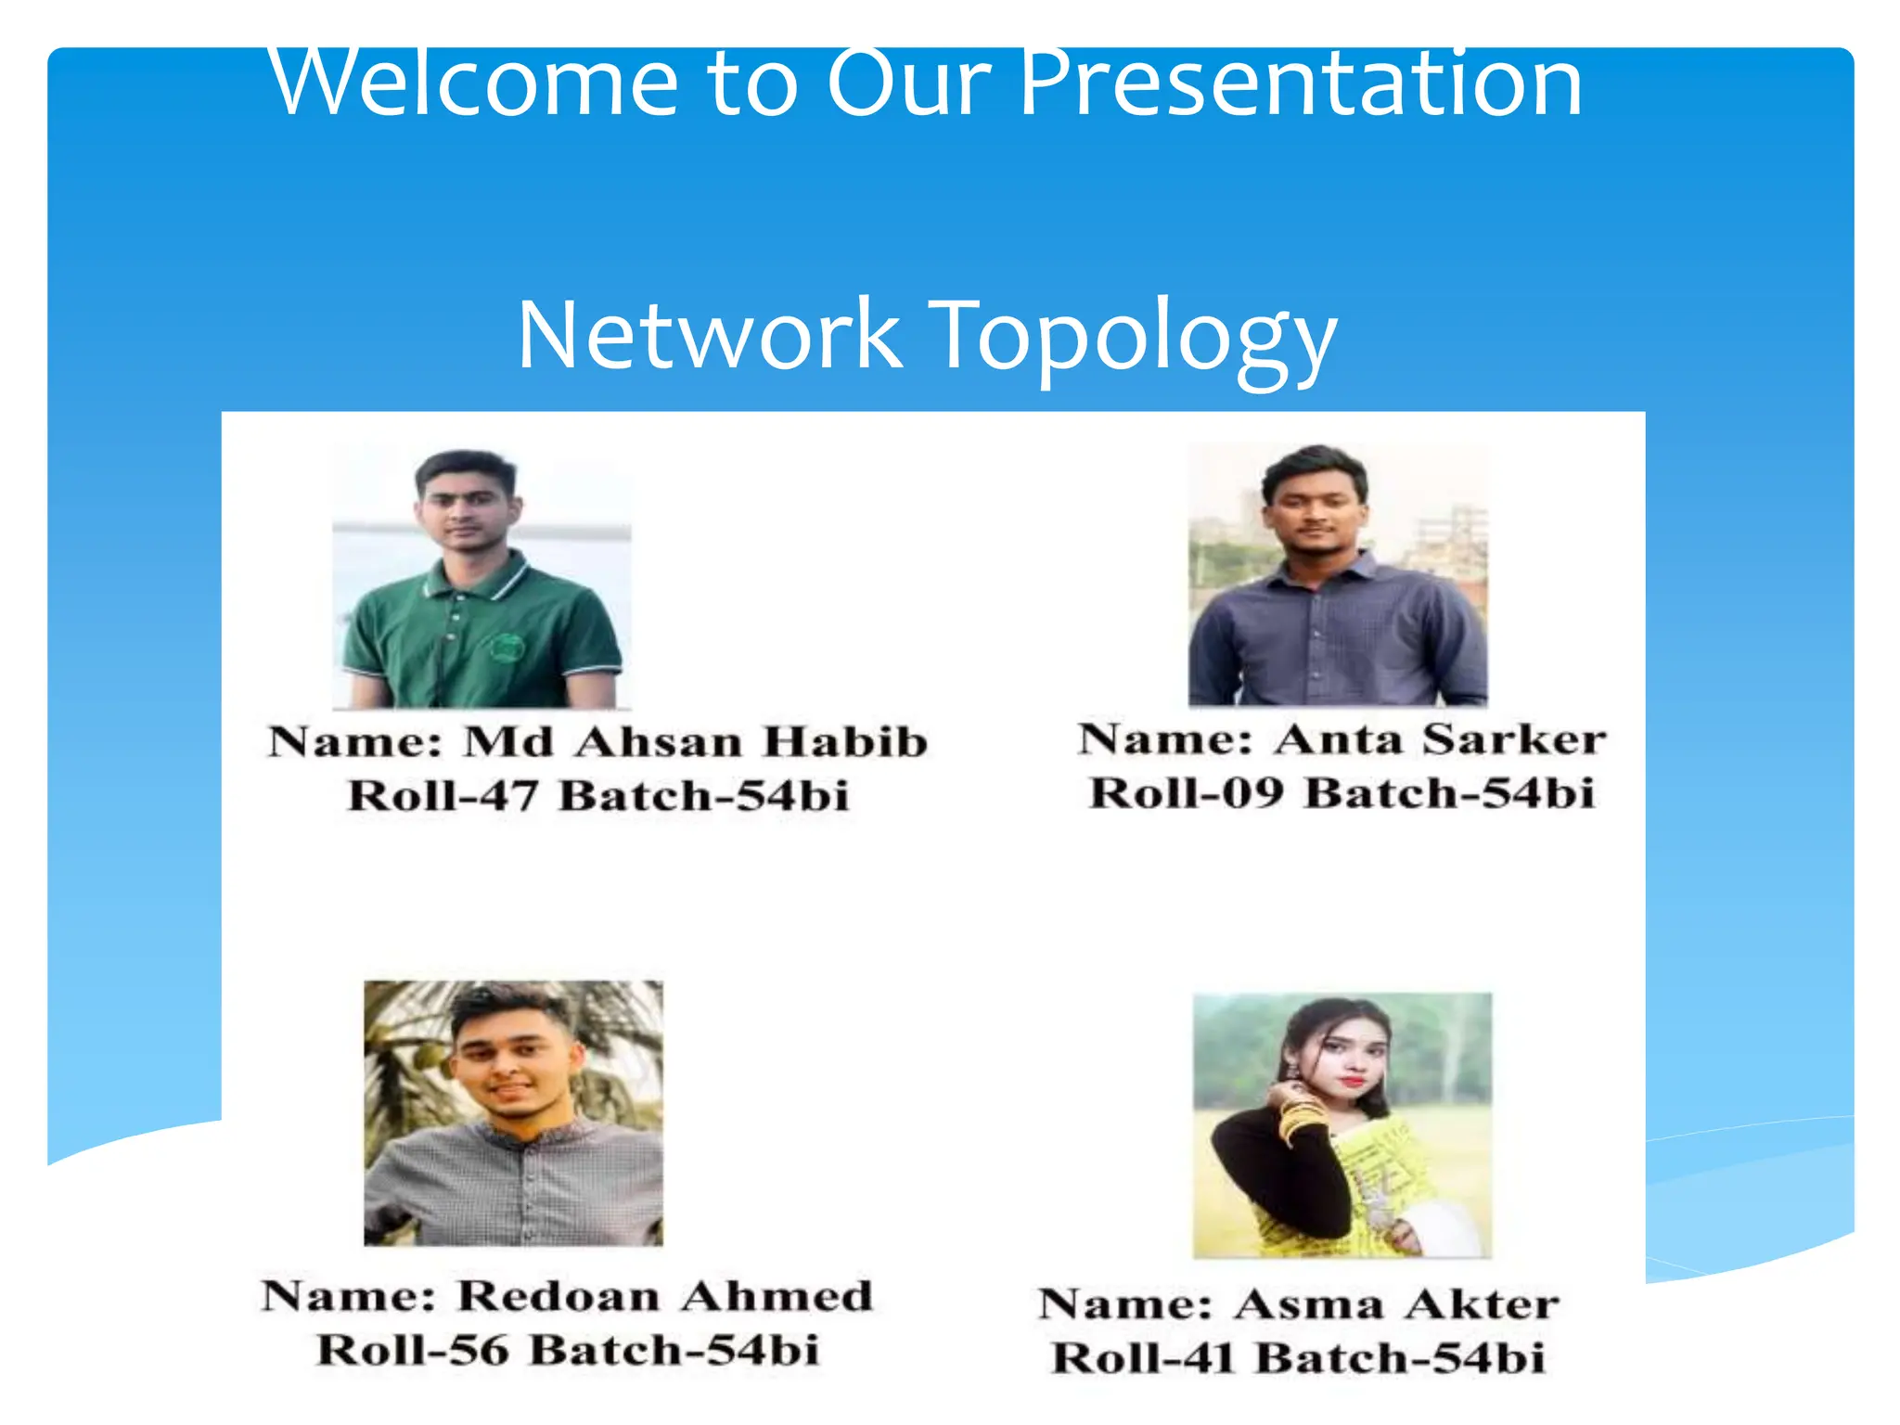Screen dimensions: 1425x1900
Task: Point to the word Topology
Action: tap(1133, 336)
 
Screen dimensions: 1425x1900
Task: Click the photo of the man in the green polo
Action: tap(481, 577)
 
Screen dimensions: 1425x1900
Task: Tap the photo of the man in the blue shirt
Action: tap(1338, 575)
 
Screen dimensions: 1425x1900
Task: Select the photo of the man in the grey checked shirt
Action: tap(513, 1112)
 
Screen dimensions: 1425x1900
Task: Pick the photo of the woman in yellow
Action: tap(1342, 1125)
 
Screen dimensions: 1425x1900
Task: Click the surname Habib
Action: tap(846, 742)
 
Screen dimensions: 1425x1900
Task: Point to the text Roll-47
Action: tap(443, 796)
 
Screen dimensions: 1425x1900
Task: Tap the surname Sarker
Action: tap(1514, 739)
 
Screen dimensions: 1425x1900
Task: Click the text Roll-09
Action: tap(1187, 793)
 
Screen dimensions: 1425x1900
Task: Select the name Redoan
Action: tap(558, 1296)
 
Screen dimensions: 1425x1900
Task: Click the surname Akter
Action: tap(1481, 1304)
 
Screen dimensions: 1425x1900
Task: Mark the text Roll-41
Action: tap(1143, 1358)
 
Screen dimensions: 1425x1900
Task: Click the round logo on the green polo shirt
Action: tap(507, 647)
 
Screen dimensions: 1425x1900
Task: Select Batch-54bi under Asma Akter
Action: tap(1400, 1358)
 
